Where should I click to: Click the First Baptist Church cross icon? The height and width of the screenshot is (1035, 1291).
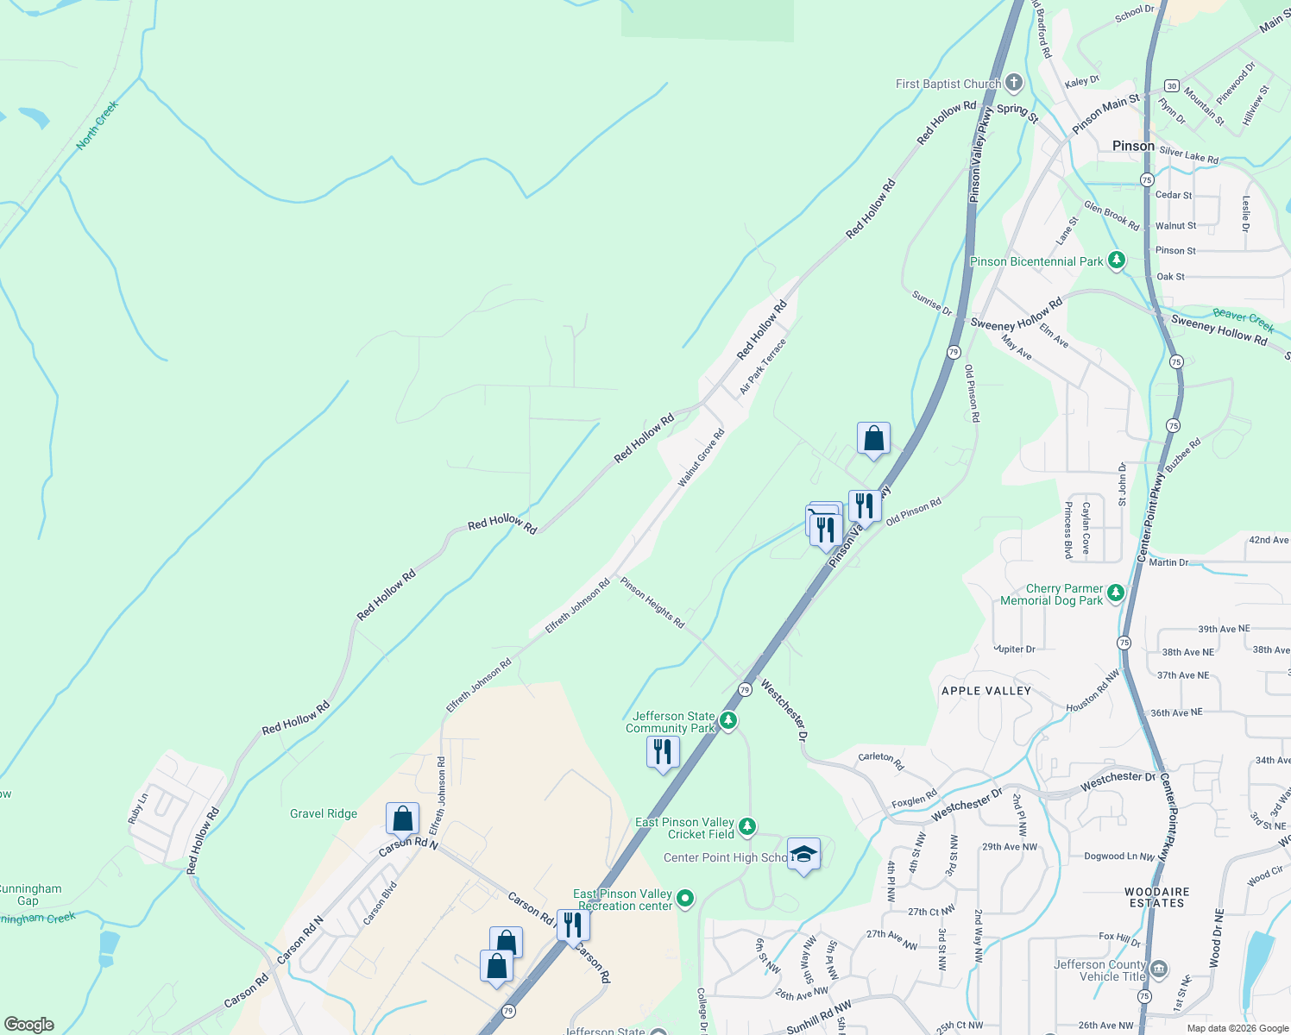[x=1014, y=84]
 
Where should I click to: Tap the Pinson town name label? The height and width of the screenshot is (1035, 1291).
[x=1133, y=146]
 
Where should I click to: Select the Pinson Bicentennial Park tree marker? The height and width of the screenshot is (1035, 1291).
[x=1117, y=260]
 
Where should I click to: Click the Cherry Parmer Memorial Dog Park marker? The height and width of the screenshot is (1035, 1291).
[x=1116, y=593]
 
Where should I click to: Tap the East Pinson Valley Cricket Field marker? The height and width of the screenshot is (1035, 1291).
[x=747, y=827]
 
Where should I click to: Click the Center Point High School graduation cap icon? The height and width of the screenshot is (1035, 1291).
[x=803, y=855]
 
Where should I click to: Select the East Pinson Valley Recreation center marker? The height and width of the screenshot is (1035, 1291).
[x=685, y=899]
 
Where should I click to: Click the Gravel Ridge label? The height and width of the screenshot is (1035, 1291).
[x=324, y=813]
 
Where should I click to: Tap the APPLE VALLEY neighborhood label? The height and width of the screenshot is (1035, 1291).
[x=986, y=691]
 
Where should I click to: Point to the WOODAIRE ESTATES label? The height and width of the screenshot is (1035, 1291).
[x=1157, y=897]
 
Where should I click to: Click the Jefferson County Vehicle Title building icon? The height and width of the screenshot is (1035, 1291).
[x=1159, y=969]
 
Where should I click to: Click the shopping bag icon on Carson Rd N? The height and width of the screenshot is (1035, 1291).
[x=402, y=818]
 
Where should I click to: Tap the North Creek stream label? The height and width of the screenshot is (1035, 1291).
[x=97, y=125]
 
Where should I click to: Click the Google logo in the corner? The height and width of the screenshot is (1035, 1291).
[x=29, y=1025]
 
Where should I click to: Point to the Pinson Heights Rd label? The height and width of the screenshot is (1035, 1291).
[x=652, y=603]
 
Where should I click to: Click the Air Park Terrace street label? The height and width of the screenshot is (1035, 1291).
[x=763, y=367]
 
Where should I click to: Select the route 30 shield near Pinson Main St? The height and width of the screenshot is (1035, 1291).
[x=1171, y=85]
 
